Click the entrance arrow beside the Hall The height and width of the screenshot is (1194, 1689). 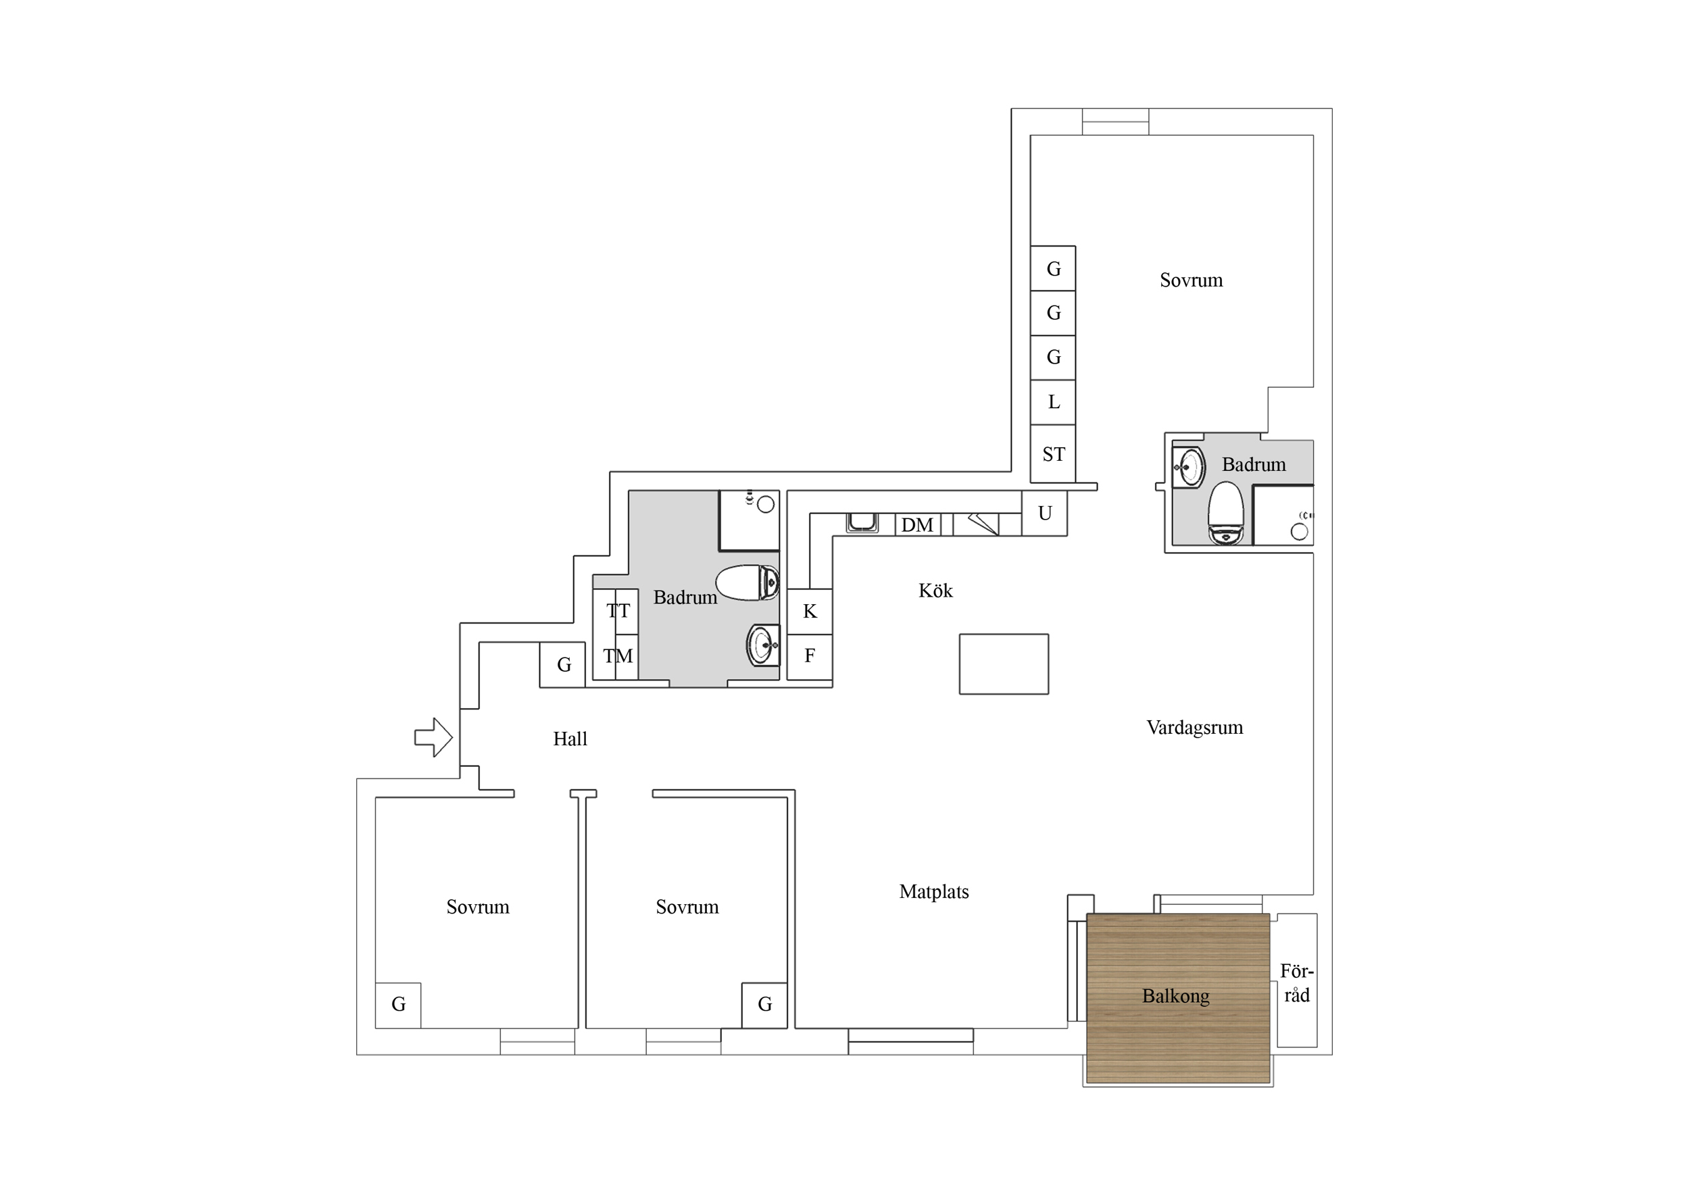click(433, 737)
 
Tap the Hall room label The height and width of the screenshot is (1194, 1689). click(570, 739)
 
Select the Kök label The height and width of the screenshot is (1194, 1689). click(935, 590)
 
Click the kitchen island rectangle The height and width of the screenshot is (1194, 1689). click(1004, 664)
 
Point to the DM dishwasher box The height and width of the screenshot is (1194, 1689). click(917, 524)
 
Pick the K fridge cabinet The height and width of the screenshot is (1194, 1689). click(810, 612)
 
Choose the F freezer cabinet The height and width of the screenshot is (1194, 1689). click(810, 656)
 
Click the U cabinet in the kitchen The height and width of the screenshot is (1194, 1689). click(1045, 514)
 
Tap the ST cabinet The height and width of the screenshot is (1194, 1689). click(1054, 454)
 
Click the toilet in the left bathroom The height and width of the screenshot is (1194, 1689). click(748, 582)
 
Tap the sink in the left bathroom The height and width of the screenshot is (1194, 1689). click(764, 645)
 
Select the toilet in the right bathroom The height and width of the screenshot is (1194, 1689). click(1225, 513)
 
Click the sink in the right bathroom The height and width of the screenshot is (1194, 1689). click(1188, 467)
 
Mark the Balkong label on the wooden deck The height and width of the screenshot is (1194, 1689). click(1175, 996)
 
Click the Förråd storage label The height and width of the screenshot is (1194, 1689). click(1296, 983)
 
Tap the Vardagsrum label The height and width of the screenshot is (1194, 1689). click(1195, 728)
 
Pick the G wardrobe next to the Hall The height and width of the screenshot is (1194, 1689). click(563, 665)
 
